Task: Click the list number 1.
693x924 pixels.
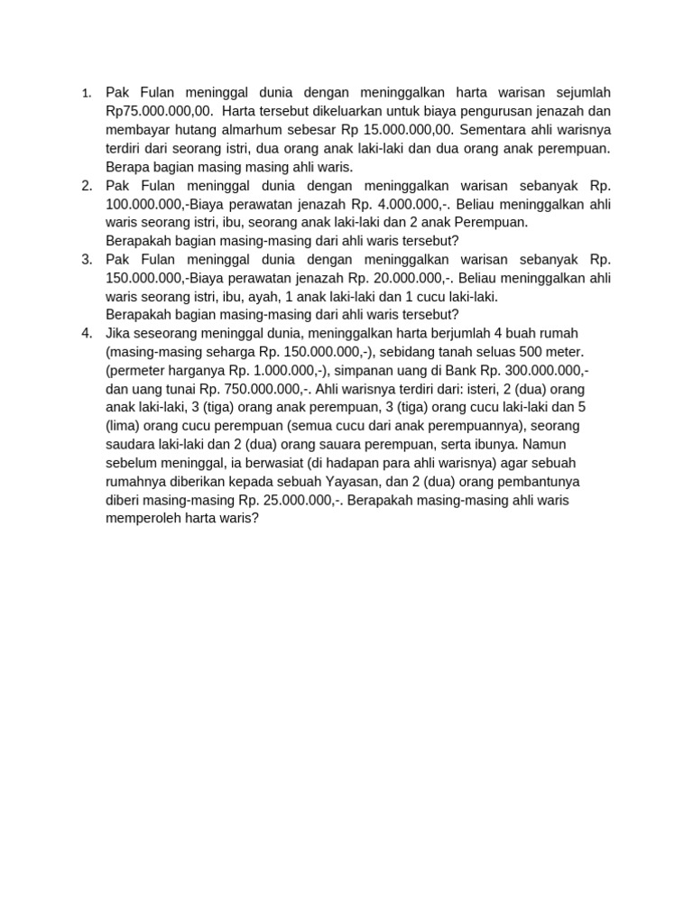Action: click(86, 93)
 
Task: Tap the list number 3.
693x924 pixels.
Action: click(87, 259)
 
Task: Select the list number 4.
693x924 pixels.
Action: click(87, 333)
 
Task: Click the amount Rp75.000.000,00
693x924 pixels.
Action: click(159, 111)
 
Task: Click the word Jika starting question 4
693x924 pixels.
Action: click(119, 333)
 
